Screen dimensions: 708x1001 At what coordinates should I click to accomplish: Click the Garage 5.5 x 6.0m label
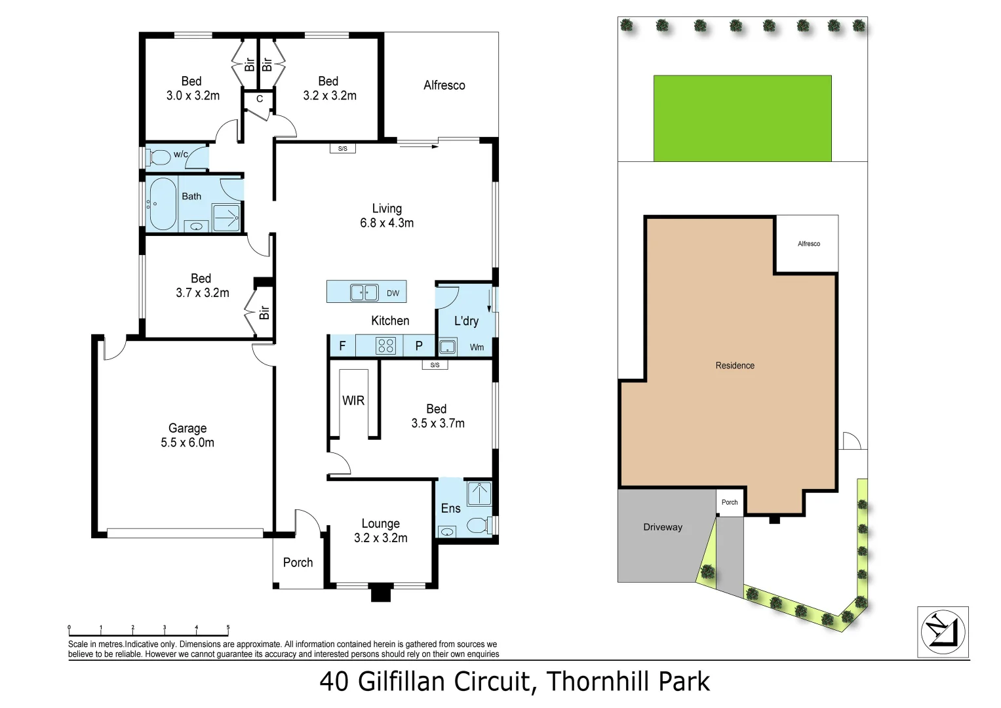(x=187, y=435)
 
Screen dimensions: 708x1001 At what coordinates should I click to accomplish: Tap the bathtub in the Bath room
(x=162, y=204)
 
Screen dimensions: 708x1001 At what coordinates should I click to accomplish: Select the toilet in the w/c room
(x=160, y=157)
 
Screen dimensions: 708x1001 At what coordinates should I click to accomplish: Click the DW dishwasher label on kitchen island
(x=393, y=293)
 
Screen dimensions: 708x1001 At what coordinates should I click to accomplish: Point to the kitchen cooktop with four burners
(x=385, y=345)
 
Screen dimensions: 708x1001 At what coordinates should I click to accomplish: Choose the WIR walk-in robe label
(x=353, y=401)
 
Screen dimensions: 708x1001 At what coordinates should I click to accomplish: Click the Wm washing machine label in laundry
(x=477, y=347)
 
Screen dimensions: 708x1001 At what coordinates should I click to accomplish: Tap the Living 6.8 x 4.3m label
(x=387, y=216)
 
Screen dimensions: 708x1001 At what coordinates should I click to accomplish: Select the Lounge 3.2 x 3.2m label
(x=381, y=530)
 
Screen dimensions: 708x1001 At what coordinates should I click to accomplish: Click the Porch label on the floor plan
(x=298, y=562)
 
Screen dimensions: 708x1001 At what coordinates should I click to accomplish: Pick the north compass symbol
(x=943, y=632)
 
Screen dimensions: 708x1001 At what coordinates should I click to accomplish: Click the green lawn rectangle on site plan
(x=742, y=118)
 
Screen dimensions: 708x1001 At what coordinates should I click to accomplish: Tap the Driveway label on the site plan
(x=663, y=527)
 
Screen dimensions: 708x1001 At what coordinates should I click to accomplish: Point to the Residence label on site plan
(x=735, y=366)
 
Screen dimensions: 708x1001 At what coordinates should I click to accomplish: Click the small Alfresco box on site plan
(x=808, y=244)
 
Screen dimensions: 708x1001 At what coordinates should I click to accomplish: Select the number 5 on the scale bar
(x=228, y=627)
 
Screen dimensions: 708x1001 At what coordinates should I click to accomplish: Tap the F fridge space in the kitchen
(x=342, y=345)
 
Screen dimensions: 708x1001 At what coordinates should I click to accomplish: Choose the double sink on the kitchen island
(x=364, y=292)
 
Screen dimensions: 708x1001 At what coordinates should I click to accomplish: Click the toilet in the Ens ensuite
(x=478, y=525)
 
